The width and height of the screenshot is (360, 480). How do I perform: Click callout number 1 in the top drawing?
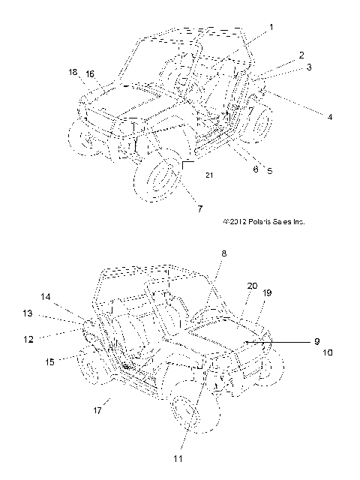pos(271,28)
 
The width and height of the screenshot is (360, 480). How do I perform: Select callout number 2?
pos(301,55)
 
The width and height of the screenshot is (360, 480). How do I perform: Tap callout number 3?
pos(309,67)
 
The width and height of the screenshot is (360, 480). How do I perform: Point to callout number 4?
pos(330,117)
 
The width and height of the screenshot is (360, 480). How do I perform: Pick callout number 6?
pos(256,169)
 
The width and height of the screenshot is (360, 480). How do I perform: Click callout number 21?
pos(209,175)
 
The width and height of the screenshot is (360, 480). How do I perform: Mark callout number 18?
pos(73,72)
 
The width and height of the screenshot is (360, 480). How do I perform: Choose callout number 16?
pos(90,74)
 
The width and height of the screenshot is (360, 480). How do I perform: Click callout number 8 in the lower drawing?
pos(223,253)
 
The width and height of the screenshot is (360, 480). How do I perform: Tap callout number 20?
pos(252,286)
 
